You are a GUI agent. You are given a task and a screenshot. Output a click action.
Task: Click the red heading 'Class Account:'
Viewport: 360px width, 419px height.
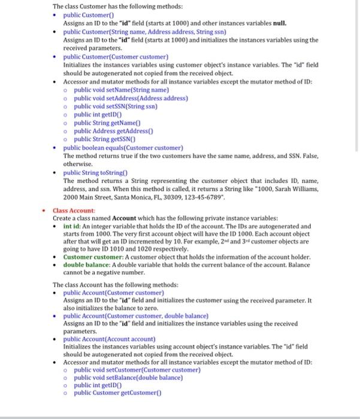click(74, 211)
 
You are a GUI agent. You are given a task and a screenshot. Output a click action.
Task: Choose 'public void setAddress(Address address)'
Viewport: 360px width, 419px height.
click(131, 98)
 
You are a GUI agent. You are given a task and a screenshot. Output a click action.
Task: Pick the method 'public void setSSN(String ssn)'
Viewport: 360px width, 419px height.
click(116, 106)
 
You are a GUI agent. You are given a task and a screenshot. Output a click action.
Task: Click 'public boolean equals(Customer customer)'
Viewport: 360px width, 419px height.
click(123, 147)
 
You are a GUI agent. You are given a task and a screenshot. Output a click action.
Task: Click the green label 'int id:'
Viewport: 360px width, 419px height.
click(72, 227)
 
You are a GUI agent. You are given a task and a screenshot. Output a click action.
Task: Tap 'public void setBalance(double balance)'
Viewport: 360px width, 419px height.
click(128, 378)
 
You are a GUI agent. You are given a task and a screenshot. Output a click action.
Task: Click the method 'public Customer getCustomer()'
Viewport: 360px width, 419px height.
click(117, 393)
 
